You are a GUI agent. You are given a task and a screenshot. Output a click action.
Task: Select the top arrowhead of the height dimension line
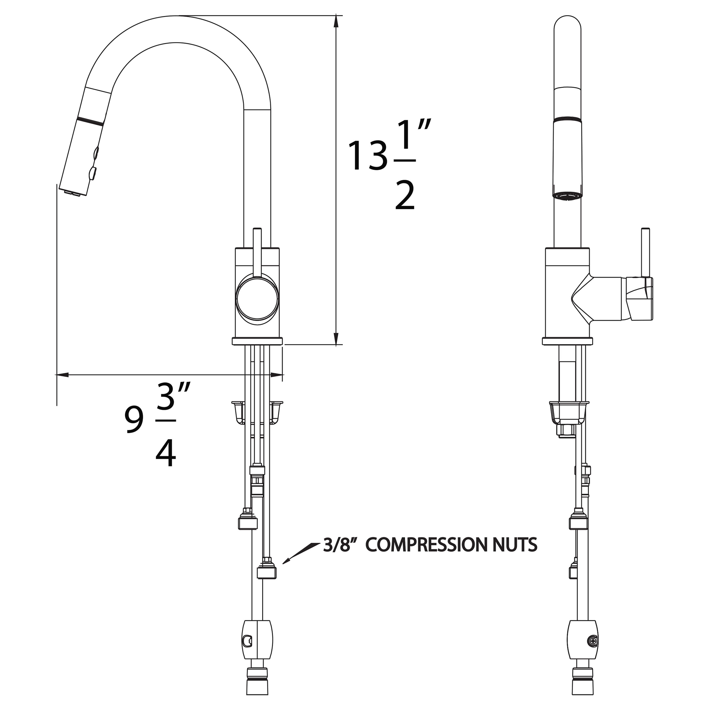click(336, 22)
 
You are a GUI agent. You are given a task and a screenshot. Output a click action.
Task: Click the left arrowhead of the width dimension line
click(62, 375)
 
